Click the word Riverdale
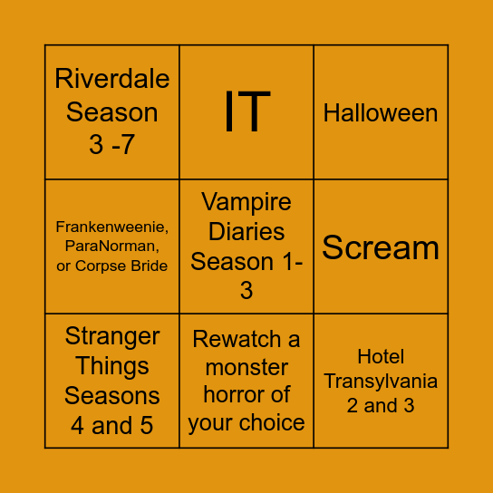112,79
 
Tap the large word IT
246,111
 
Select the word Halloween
381,113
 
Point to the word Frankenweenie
112,227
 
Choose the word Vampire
246,201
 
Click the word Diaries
246,231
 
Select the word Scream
381,247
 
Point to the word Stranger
112,336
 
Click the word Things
112,366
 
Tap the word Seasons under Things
112,396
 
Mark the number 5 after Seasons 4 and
145,426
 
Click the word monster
246,367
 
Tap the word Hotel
381,357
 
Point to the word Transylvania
381,381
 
